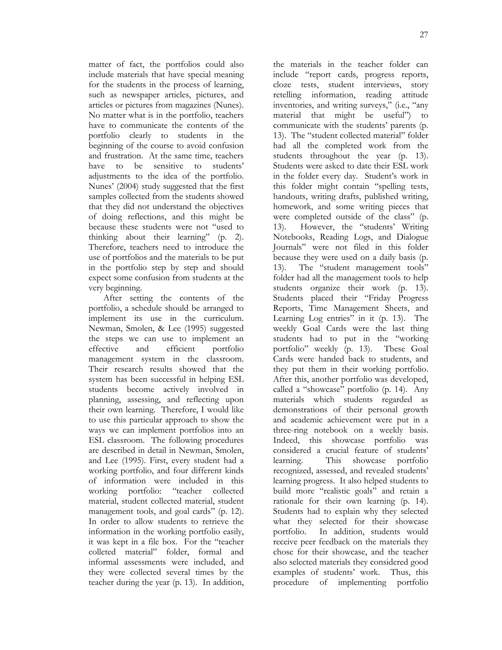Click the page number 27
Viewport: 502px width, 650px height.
(x=424, y=35)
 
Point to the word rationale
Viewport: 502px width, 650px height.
(x=288, y=501)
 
